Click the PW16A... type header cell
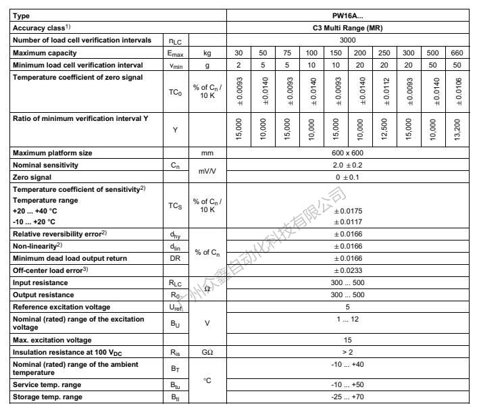point(351,15)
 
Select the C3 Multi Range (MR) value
point(351,28)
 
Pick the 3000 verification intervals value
point(351,41)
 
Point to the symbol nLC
point(175,41)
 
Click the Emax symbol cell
point(175,53)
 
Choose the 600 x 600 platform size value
point(351,153)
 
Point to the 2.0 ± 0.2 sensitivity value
point(351,165)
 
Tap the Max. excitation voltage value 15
point(351,339)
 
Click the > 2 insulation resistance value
point(351,351)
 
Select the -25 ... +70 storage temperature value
point(351,397)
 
